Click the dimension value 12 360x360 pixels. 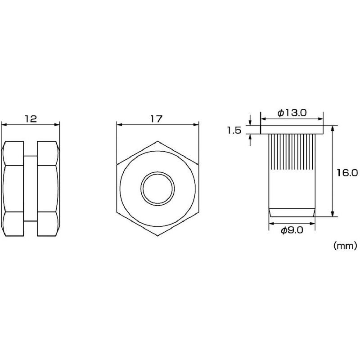[31, 119]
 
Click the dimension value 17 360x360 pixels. [156, 119]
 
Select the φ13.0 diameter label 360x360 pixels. [292, 113]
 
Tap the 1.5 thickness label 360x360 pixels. [234, 130]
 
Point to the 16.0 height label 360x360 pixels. [347, 173]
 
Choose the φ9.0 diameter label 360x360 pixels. [292, 230]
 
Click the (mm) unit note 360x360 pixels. [345, 246]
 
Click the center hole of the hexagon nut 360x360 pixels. [157, 189]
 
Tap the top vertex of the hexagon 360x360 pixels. [157, 141]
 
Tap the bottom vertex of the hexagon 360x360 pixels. [157, 236]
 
